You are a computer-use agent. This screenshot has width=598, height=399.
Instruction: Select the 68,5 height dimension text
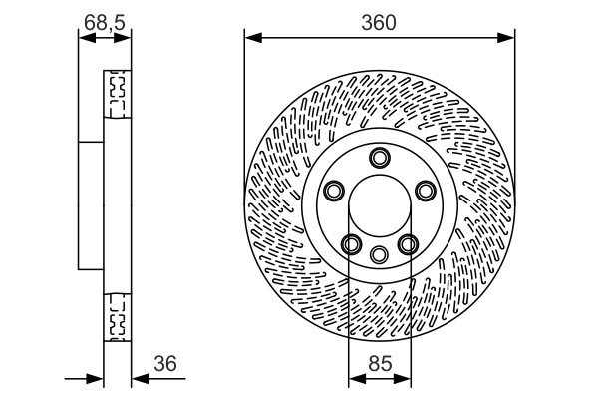(x=105, y=19)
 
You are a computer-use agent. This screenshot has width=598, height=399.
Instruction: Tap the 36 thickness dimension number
(x=165, y=364)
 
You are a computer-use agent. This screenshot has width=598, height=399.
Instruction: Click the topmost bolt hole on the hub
(x=379, y=157)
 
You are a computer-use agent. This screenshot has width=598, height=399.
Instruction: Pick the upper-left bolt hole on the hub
(x=334, y=190)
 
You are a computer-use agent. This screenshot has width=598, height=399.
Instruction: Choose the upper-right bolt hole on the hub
(x=425, y=190)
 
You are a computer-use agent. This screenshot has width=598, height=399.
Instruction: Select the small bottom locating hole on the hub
(x=379, y=254)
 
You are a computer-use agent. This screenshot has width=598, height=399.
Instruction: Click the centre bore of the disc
(x=379, y=205)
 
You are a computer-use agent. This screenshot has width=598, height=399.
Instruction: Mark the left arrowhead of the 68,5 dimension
(x=83, y=38)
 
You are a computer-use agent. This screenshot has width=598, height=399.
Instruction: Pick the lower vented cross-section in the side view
(x=117, y=317)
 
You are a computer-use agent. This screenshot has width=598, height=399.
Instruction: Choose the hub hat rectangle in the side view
(x=91, y=204)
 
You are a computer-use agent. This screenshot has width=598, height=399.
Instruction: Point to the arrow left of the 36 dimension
(x=96, y=379)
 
